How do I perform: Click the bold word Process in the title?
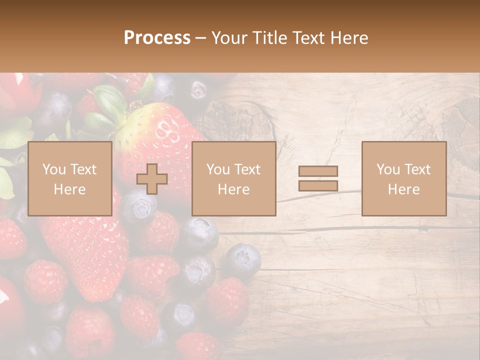157,38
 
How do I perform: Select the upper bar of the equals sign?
318,171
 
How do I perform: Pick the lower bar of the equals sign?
318,185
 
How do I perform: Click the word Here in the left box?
69,189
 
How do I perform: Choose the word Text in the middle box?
247,169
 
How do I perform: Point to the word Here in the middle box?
233,189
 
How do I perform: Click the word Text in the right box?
417,169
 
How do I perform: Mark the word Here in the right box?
403,189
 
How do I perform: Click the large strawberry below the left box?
82,250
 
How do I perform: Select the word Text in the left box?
83,169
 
